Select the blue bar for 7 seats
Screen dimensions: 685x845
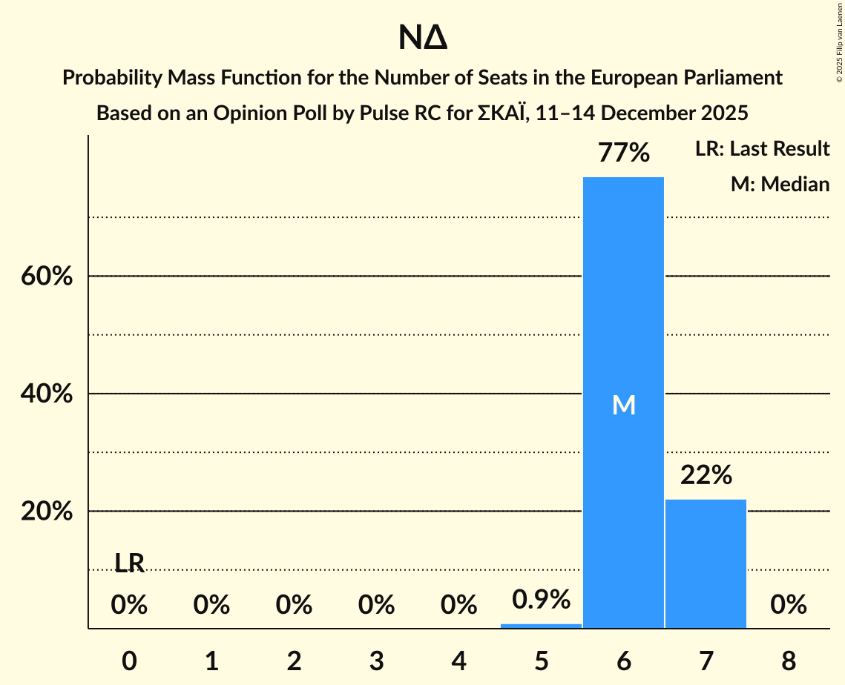(706, 563)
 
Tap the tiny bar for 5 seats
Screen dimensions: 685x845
(541, 626)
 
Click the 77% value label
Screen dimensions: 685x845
(624, 153)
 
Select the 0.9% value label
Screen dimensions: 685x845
(541, 599)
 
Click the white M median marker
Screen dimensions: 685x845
(623, 405)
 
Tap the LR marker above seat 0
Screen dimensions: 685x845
(129, 563)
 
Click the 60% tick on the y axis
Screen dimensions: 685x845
(46, 277)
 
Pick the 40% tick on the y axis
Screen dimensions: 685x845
(46, 394)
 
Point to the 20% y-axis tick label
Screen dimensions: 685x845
(46, 512)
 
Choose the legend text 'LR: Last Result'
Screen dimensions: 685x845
(762, 149)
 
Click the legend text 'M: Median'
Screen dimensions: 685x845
(780, 184)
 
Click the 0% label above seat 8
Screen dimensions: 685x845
(788, 605)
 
